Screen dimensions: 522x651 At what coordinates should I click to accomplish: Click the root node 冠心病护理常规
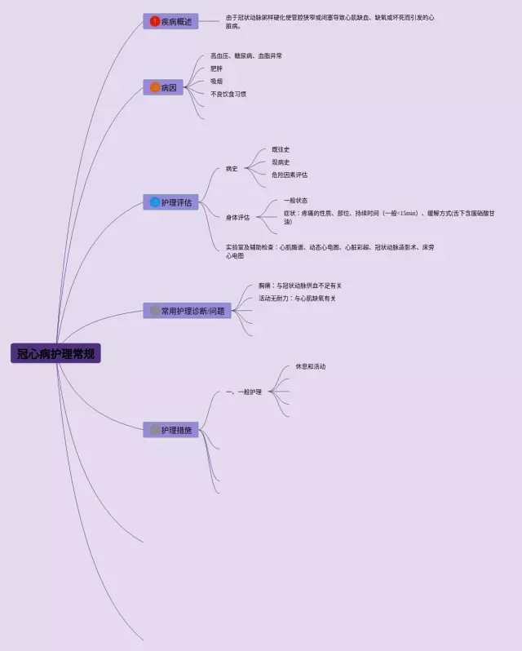55,353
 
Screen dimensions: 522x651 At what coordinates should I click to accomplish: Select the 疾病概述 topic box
170,21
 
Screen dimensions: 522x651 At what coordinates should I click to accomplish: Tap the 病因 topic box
163,87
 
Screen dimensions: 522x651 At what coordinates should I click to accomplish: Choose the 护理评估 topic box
170,201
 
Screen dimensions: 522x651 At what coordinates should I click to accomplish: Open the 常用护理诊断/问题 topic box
187,311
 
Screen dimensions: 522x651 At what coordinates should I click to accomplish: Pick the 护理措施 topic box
170,430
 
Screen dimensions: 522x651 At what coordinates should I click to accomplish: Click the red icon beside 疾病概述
155,21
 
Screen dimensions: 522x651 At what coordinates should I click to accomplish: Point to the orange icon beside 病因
155,87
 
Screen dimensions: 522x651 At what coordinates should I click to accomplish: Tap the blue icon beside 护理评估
155,201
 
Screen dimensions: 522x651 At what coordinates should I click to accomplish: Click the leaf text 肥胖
216,69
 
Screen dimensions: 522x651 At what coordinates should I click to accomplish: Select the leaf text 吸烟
216,82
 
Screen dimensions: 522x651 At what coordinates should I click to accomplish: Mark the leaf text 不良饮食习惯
228,94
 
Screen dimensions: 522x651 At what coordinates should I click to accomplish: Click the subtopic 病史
232,169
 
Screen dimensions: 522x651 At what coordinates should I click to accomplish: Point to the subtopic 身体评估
238,218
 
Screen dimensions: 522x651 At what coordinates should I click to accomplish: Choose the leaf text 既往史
281,149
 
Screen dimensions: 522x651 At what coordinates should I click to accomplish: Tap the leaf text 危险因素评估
290,175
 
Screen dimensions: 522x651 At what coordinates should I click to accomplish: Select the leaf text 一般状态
295,200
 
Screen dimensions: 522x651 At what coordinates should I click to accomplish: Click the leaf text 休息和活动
310,366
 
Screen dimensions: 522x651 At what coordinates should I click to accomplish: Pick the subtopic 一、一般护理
243,392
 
